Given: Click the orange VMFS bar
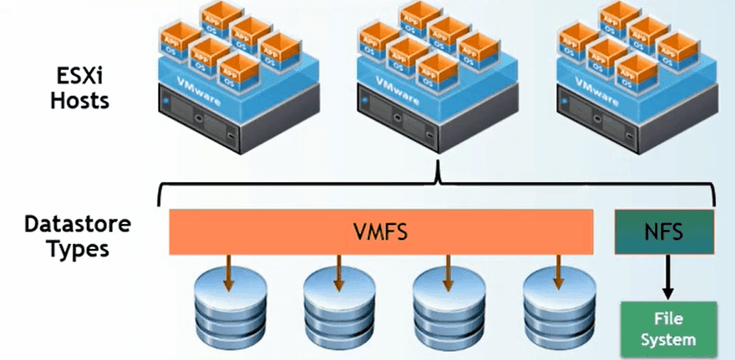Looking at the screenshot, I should tap(382, 232).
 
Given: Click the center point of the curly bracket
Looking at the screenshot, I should tap(437, 171).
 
